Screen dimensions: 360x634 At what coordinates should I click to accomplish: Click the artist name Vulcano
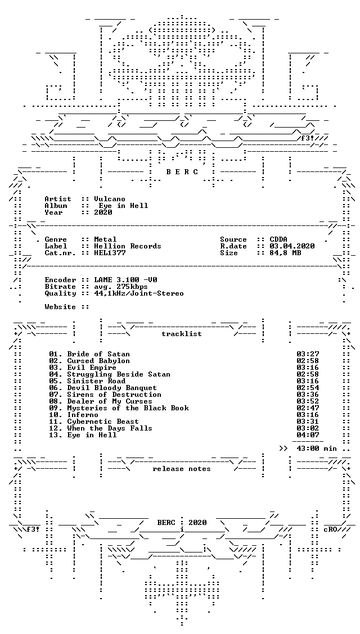109,199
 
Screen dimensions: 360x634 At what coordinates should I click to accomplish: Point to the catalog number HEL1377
110,253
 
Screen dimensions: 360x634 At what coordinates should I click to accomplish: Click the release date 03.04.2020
292,246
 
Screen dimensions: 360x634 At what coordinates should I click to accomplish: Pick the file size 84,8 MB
285,253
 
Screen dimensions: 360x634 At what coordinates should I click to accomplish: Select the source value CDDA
278,239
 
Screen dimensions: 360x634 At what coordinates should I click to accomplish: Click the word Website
60,307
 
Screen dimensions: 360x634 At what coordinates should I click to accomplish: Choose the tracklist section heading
182,334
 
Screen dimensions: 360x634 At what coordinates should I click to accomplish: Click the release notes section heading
182,469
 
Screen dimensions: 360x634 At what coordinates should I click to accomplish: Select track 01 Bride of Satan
84,354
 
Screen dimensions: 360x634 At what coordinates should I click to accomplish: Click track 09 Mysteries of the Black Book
119,408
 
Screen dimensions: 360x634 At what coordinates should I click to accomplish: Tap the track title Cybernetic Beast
103,422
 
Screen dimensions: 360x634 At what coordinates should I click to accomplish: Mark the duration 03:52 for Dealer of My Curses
308,401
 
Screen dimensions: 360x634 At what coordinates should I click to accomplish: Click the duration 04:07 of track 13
308,435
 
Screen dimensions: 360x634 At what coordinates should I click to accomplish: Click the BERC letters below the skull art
182,172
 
